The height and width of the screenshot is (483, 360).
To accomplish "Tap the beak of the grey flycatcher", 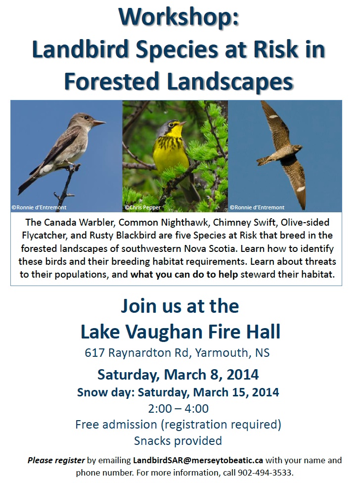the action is pos(99,123).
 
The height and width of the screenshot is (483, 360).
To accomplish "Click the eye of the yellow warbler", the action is pos(177,125).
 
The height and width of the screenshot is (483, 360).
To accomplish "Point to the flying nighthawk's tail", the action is pos(264,160).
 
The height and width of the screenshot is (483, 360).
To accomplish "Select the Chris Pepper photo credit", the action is pos(143,208).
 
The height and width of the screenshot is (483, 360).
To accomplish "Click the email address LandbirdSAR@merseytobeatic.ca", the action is pos(198,460).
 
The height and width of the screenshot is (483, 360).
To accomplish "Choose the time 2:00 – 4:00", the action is pos(179,408).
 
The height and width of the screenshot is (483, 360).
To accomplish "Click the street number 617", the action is pos(95,353).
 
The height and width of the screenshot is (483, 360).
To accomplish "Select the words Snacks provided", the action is pos(178,441).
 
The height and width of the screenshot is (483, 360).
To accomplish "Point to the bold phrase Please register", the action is pos(56,461).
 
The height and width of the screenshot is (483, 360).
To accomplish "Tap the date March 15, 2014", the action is pos(236,392).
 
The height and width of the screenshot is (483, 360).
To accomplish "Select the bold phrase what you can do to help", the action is pos(184,274).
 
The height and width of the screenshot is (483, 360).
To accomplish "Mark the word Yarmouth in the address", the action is pos(222,353).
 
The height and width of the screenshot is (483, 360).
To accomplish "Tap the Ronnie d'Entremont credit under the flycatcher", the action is pos(39,208).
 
